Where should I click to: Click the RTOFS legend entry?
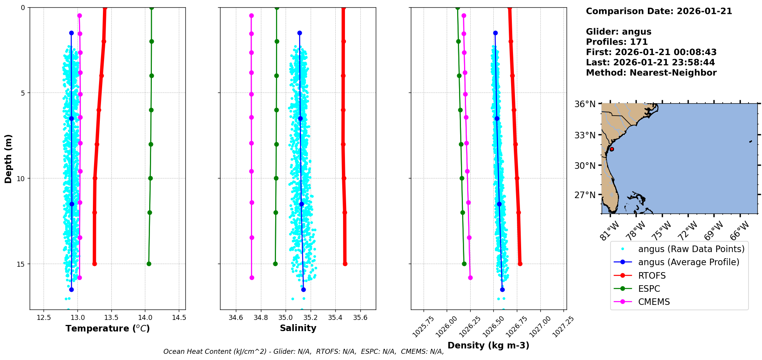pyautogui.click(x=652, y=276)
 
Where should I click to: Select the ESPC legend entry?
pyautogui.click(x=649, y=289)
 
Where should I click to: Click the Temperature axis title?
pyautogui.click(x=108, y=328)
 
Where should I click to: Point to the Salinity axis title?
pyautogui.click(x=298, y=328)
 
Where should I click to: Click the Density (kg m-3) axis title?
pyautogui.click(x=488, y=345)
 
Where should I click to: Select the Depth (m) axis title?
pyautogui.click(x=8, y=158)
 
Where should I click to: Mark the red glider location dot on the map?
pyautogui.click(x=612, y=149)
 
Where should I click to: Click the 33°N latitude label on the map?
pyautogui.click(x=585, y=135)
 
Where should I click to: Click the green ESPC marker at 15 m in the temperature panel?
pyautogui.click(x=149, y=264)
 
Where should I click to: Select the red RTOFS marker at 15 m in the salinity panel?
pyautogui.click(x=345, y=264)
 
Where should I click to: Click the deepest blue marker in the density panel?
pyautogui.click(x=502, y=289)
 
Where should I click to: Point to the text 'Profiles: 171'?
pyautogui.click(x=617, y=42)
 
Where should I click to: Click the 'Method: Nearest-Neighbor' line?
pyautogui.click(x=651, y=73)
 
